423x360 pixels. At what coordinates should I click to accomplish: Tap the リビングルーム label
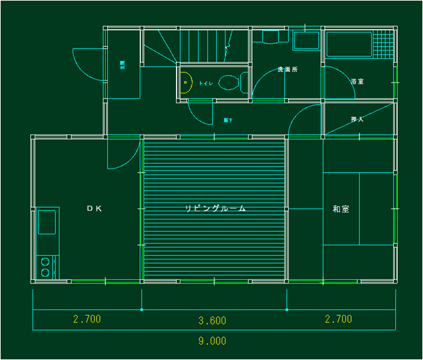pyautogui.click(x=215, y=208)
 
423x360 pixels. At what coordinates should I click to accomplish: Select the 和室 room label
pyautogui.click(x=340, y=209)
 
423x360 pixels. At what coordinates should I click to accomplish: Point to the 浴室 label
pyautogui.click(x=357, y=82)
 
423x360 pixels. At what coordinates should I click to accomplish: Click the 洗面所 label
pyautogui.click(x=287, y=69)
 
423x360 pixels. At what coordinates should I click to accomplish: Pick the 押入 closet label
pyautogui.click(x=357, y=120)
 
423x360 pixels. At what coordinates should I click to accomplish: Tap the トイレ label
pyautogui.click(x=205, y=84)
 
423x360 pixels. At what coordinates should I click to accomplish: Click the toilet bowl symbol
pyautogui.click(x=230, y=83)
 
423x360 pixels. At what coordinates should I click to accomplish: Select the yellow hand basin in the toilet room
pyautogui.click(x=185, y=83)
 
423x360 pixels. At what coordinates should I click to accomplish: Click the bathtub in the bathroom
pyautogui.click(x=349, y=44)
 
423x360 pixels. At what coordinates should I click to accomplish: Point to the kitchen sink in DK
pyautogui.click(x=47, y=222)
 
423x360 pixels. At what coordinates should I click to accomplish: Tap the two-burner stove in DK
pyautogui.click(x=46, y=267)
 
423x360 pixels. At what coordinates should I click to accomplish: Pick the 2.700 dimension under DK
pyautogui.click(x=87, y=319)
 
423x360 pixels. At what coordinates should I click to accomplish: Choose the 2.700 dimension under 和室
pyautogui.click(x=338, y=319)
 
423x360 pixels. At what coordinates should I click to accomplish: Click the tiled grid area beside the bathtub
pyautogui.click(x=384, y=44)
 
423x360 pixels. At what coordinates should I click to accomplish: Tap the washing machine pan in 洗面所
pyautogui.click(x=306, y=42)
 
